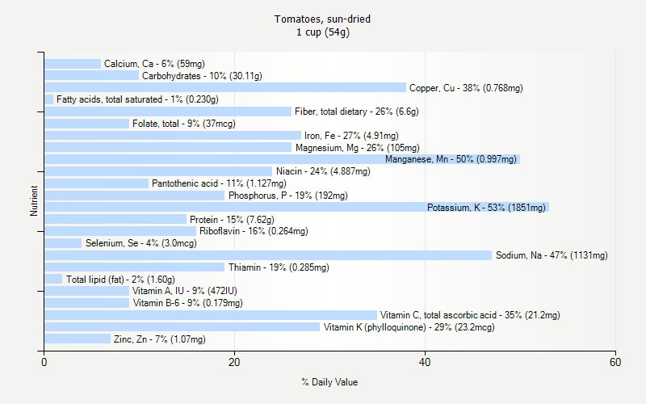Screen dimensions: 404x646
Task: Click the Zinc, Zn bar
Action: [x=78, y=339]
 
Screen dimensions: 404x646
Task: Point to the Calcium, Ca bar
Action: [x=73, y=64]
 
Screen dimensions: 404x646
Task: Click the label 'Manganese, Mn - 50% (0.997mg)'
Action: [x=451, y=160]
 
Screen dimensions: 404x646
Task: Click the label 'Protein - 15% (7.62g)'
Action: [x=232, y=220]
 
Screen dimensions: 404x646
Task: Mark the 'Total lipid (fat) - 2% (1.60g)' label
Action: [x=120, y=280]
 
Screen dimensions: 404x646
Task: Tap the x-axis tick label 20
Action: [x=235, y=363]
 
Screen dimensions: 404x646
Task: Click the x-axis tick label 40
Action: [x=426, y=363]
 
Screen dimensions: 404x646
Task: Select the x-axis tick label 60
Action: [x=616, y=363]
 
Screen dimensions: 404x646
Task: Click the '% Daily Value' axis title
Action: [x=329, y=382]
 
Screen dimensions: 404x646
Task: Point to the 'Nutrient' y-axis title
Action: [x=34, y=201]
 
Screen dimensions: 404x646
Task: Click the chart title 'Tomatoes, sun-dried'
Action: [x=323, y=19]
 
